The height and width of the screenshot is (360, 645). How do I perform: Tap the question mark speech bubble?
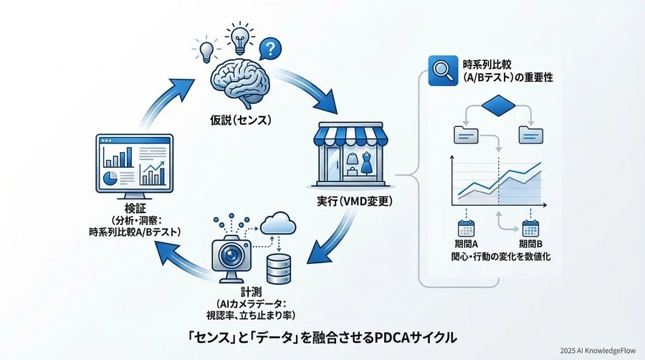tap(269, 49)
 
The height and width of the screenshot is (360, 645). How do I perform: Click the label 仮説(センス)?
tap(234, 117)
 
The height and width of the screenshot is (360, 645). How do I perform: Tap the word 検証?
tap(129, 209)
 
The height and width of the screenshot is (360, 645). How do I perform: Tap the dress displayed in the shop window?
tap(367, 164)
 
